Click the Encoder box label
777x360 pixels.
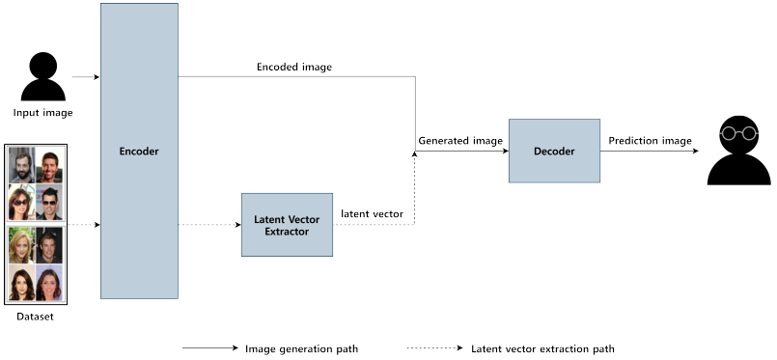(x=139, y=152)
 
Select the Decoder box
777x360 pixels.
(x=554, y=152)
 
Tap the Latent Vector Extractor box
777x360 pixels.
(x=287, y=225)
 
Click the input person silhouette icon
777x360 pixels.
(x=43, y=77)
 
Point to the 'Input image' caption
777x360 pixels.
(x=43, y=113)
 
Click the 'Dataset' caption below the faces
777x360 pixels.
(x=36, y=316)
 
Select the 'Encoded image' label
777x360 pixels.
(x=294, y=68)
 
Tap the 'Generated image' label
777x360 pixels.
(x=460, y=141)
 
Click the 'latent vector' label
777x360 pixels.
(x=372, y=213)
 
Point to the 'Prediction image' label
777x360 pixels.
(x=650, y=141)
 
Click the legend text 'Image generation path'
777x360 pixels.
(x=302, y=348)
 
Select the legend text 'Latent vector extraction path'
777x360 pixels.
(x=542, y=348)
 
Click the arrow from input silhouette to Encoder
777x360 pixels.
(x=86, y=76)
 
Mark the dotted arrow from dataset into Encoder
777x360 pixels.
(x=82, y=224)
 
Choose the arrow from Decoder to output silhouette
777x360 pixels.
(x=649, y=152)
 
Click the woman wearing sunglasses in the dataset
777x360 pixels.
(x=21, y=203)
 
